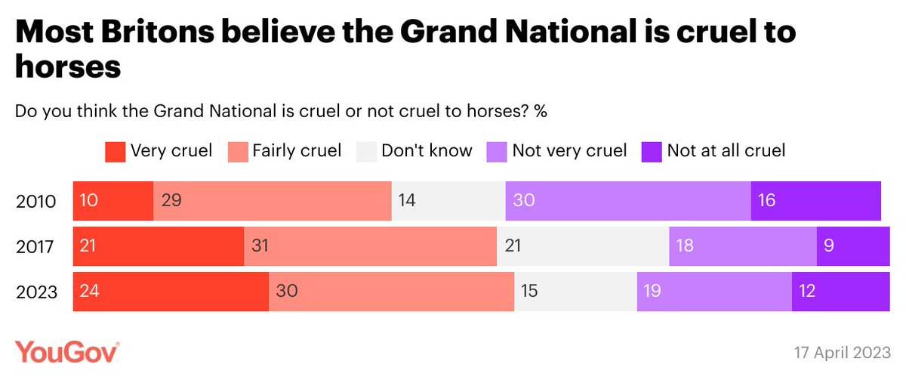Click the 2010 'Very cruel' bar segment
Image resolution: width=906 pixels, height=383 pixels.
click(x=113, y=201)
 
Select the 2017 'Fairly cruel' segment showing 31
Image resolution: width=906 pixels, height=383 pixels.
click(x=370, y=246)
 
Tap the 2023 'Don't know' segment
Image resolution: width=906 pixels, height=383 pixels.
click(x=575, y=291)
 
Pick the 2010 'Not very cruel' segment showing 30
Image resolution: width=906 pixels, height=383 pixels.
click(x=628, y=201)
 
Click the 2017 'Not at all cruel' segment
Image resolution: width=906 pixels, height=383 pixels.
click(x=853, y=246)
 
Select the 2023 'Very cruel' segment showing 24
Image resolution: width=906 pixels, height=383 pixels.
click(x=171, y=291)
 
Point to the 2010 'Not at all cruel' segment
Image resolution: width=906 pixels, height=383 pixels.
click(x=815, y=201)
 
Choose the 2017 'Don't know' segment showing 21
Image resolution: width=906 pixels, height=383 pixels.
click(x=583, y=246)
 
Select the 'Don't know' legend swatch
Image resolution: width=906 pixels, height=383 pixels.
click(x=365, y=151)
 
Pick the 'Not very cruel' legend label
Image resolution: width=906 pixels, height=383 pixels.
click(x=569, y=151)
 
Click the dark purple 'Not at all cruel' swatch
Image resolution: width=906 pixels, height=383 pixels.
click(x=651, y=151)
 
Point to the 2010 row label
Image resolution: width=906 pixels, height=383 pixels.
click(x=36, y=202)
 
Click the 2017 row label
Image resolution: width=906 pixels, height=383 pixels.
click(x=36, y=247)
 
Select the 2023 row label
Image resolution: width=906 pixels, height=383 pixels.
click(x=36, y=292)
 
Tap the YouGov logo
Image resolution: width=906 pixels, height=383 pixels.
click(x=66, y=352)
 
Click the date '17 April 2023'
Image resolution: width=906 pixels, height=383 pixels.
click(x=841, y=353)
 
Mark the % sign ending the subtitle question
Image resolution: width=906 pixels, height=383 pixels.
click(x=541, y=111)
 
